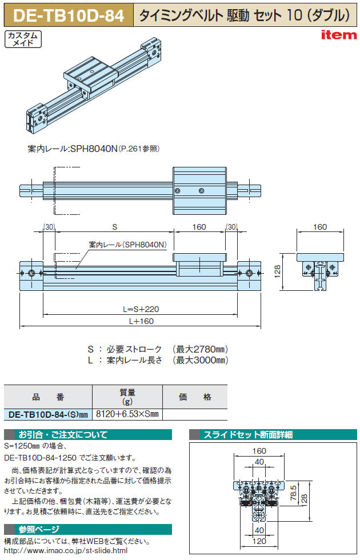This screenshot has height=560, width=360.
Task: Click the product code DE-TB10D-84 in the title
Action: click(67, 15)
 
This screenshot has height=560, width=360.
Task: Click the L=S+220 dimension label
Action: click(141, 309)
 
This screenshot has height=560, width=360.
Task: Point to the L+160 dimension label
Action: click(141, 321)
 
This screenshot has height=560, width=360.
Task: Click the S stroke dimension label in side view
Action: click(114, 227)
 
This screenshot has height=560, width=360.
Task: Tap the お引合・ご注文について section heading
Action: click(63, 435)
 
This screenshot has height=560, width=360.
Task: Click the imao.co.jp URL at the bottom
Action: click(66, 550)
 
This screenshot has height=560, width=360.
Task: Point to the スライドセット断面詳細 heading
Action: click(249, 435)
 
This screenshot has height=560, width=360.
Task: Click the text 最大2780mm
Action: click(200, 349)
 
